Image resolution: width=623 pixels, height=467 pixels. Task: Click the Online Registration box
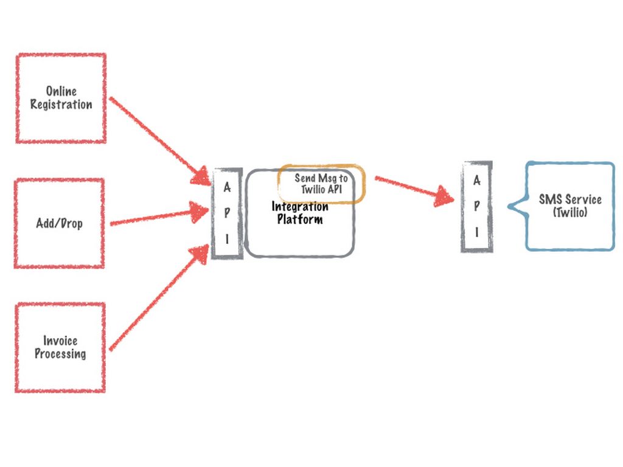tap(61, 99)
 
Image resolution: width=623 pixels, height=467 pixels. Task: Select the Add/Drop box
tap(59, 223)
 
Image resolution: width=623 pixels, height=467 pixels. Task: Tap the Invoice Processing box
tap(60, 347)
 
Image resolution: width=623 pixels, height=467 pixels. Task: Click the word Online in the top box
tap(61, 91)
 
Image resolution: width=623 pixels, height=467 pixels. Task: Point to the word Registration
tap(61, 105)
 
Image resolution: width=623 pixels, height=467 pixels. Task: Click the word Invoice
tap(60, 341)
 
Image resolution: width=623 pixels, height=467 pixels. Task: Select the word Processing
tap(60, 354)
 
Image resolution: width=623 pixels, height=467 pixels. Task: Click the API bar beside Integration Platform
tap(227, 213)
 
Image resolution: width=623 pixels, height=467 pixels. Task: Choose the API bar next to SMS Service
tap(476, 206)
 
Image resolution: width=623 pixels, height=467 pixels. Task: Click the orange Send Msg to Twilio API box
tap(321, 184)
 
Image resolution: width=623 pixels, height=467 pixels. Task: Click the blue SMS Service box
tap(570, 206)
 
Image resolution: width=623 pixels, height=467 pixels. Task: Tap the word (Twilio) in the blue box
tap(570, 213)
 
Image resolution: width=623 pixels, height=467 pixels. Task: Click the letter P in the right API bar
tap(476, 206)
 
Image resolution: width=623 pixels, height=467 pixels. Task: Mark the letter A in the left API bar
tap(227, 187)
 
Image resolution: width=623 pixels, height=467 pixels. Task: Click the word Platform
tap(300, 220)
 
